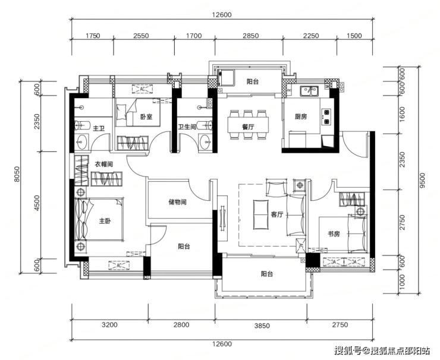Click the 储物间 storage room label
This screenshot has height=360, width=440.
177,202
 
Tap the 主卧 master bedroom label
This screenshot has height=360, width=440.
105,221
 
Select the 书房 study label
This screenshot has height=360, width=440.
334,234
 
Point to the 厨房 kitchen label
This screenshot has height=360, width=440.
301,116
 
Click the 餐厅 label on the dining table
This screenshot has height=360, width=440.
248,127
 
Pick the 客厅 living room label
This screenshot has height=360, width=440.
277,215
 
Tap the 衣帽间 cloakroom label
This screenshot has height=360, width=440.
103,165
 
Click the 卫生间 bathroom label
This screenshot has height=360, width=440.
187,127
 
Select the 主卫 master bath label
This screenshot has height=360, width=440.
99,128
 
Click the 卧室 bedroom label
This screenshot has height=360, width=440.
146,116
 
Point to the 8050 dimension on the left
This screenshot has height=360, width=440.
17,174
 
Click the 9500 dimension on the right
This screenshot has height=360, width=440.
423,180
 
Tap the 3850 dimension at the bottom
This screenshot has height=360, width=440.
262,326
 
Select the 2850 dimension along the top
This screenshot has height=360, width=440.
250,36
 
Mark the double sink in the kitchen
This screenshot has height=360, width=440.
309,91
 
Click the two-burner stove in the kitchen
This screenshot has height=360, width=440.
326,116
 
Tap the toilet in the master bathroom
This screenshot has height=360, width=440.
81,125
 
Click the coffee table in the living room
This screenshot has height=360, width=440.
260,214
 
